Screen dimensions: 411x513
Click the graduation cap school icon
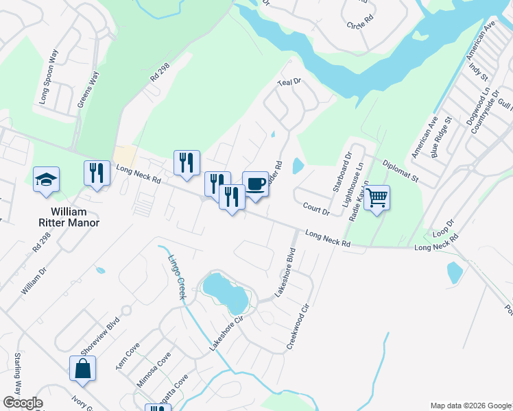point(47,180)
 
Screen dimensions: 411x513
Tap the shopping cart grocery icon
point(377,199)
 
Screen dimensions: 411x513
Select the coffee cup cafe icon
point(255,184)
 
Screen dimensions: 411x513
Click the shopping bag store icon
point(82,369)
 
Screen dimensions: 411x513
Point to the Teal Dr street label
point(289,82)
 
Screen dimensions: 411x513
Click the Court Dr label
point(316,208)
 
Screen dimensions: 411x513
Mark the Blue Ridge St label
point(440,137)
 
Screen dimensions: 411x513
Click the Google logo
point(23,403)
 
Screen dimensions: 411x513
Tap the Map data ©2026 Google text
point(470,406)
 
